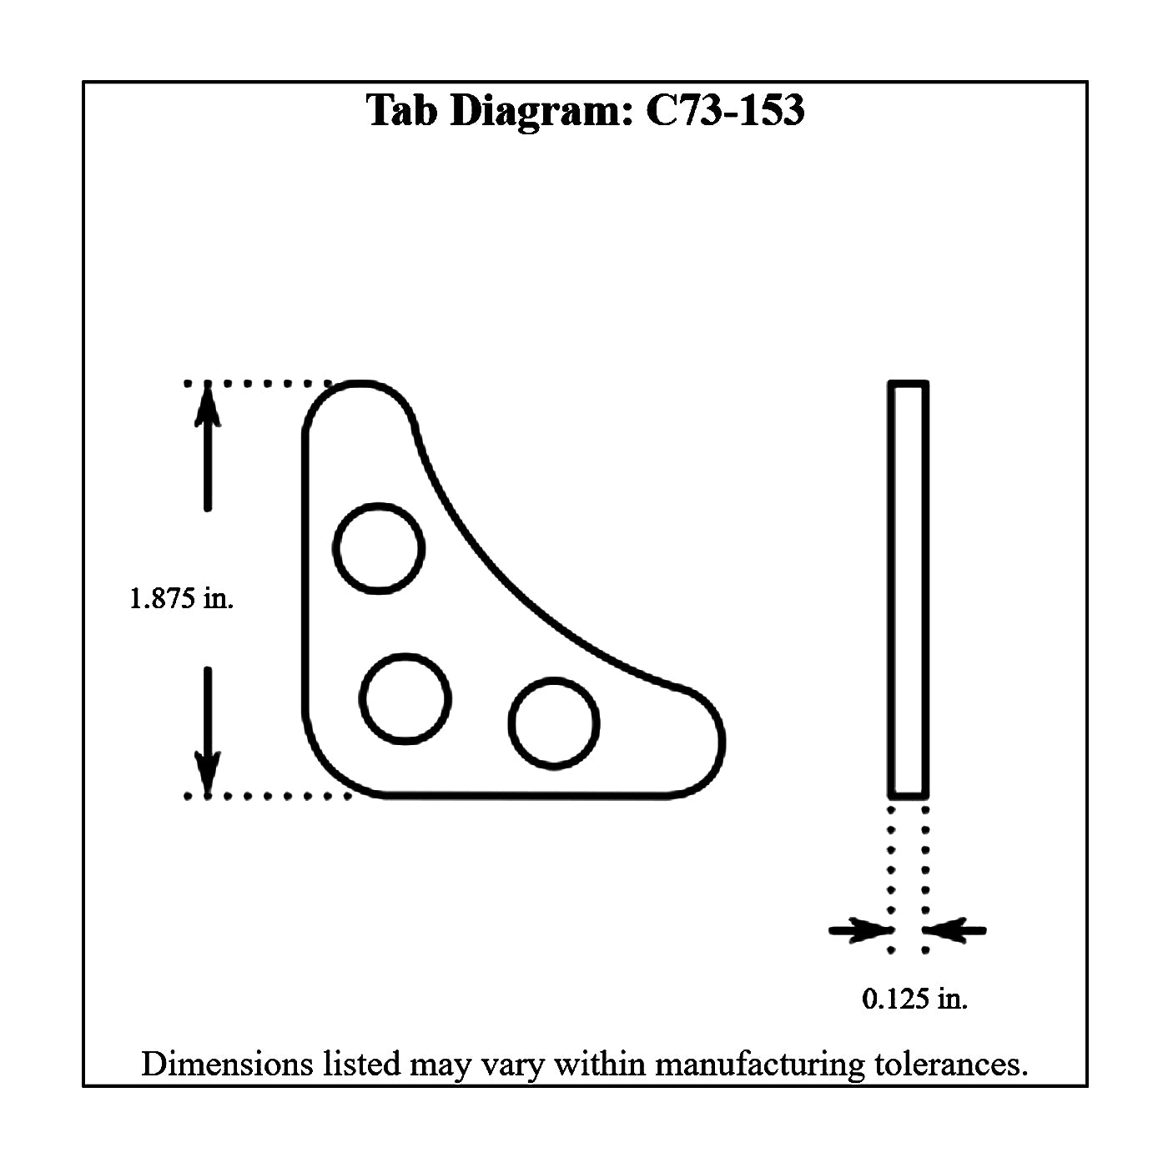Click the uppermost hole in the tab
click(x=379, y=548)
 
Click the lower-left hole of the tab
click(x=405, y=698)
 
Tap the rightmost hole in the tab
click(x=554, y=722)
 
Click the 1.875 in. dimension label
click(x=181, y=598)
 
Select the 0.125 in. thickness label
click(x=914, y=998)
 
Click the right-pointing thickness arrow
click(x=859, y=929)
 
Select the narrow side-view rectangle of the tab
click(x=909, y=589)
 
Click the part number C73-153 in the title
click(x=725, y=110)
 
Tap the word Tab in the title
click(x=401, y=110)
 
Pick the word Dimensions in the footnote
click(x=226, y=1065)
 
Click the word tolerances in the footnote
click(x=950, y=1065)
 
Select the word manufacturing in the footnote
click(x=759, y=1065)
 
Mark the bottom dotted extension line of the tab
click(x=267, y=796)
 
